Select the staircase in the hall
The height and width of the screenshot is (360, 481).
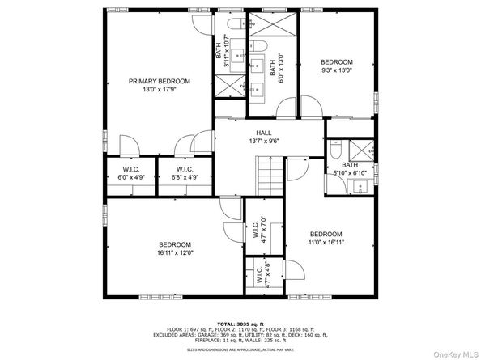(269, 175)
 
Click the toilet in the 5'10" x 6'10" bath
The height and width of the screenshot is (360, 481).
(335, 150)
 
